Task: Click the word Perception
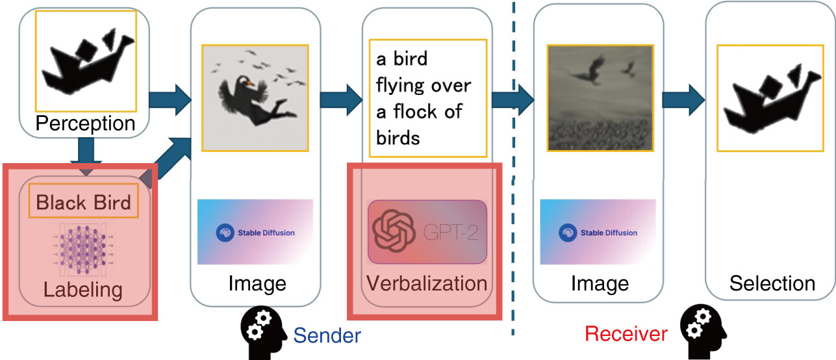tap(86, 123)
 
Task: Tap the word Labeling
tap(83, 290)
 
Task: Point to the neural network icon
tap(83, 250)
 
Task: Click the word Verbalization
tap(427, 283)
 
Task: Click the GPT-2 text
tap(451, 232)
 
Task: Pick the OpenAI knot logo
tap(394, 231)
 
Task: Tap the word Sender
tap(327, 335)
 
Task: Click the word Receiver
tap(626, 333)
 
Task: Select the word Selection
tap(772, 283)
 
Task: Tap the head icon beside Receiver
tap(703, 331)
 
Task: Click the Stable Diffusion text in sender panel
tap(266, 233)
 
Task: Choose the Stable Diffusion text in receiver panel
tap(609, 233)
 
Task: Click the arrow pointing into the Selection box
tap(683, 99)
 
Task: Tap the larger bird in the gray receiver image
tap(590, 70)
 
